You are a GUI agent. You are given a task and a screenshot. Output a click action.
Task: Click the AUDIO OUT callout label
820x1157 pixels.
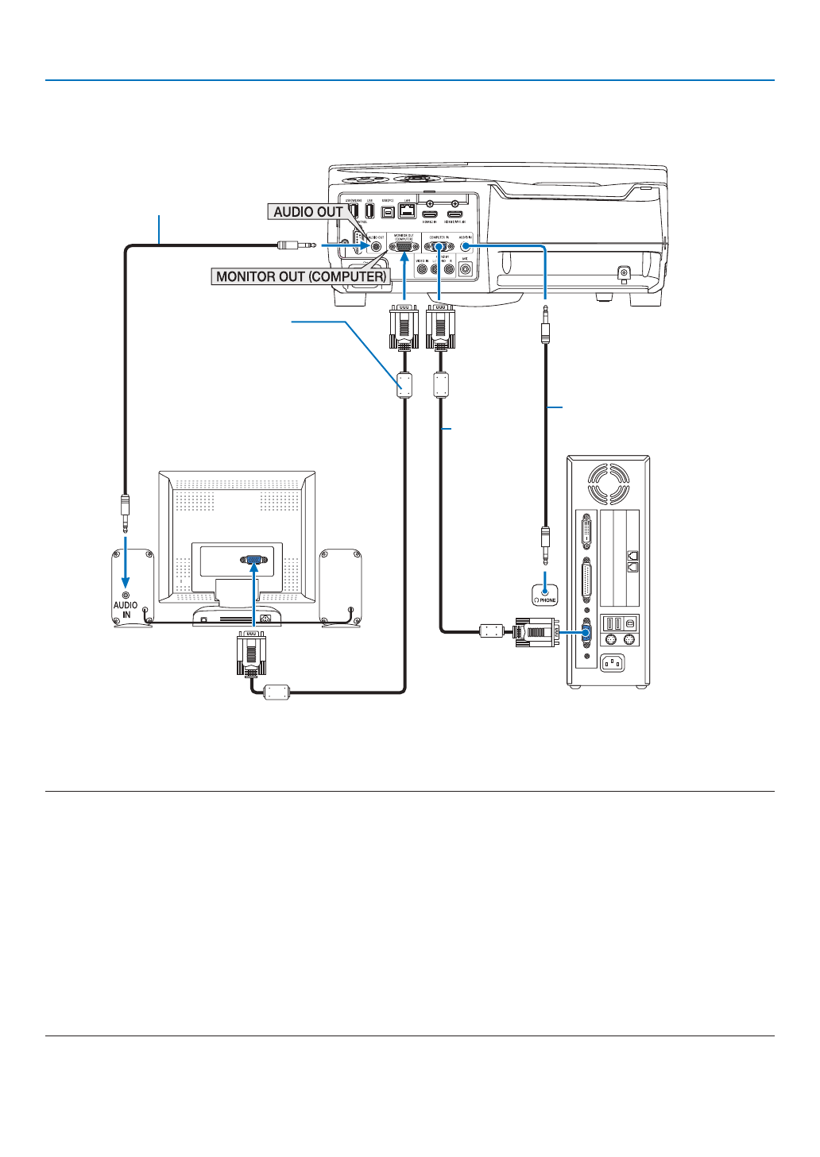pyautogui.click(x=308, y=212)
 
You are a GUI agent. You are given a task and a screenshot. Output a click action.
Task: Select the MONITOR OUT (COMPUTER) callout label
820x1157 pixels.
pyautogui.click(x=301, y=276)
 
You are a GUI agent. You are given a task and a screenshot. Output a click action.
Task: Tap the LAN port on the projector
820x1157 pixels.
pyautogui.click(x=407, y=211)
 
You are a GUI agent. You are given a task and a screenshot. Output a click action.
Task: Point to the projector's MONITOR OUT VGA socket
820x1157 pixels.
pyautogui.click(x=404, y=247)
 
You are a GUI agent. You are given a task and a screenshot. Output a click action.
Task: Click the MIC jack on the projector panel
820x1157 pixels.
pyautogui.click(x=465, y=269)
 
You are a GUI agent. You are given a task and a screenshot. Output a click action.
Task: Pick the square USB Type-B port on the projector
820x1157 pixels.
pyautogui.click(x=388, y=213)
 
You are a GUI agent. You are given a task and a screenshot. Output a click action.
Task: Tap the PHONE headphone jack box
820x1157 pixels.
pyautogui.click(x=545, y=594)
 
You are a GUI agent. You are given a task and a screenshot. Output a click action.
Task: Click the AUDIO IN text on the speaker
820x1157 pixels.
pyautogui.click(x=126, y=610)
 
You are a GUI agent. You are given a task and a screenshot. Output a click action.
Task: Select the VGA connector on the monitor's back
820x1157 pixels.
pyautogui.click(x=253, y=559)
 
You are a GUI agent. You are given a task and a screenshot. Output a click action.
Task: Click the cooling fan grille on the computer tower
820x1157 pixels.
pyautogui.click(x=609, y=483)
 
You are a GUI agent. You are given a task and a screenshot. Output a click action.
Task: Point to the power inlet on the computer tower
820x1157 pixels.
pyautogui.click(x=611, y=661)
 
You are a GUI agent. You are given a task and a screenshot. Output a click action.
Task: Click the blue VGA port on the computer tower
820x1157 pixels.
pyautogui.click(x=586, y=632)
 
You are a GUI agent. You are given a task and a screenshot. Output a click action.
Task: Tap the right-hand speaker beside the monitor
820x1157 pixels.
pyautogui.click(x=340, y=586)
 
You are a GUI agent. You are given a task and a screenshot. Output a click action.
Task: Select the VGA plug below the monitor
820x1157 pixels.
pyautogui.click(x=251, y=654)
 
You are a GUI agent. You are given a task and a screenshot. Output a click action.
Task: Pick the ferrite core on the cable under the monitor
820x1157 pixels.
pyautogui.click(x=277, y=692)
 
